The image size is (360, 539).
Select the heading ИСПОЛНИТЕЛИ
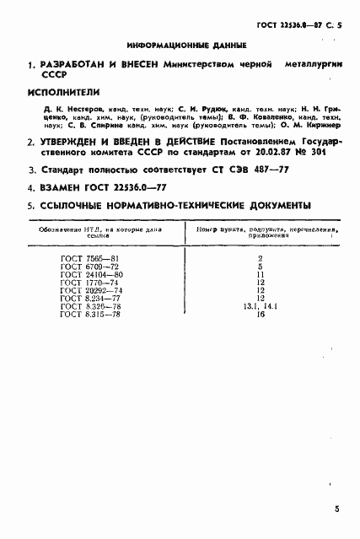coord(63,91)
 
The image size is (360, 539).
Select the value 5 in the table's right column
coord(261,267)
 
